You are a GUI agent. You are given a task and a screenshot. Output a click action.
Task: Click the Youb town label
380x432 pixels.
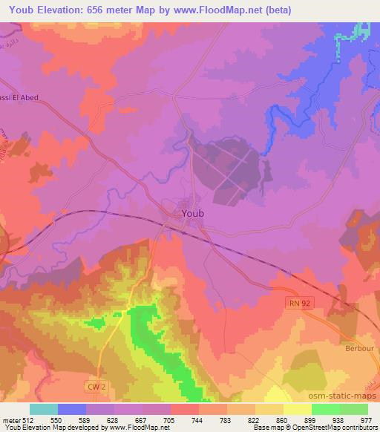pyautogui.click(x=192, y=213)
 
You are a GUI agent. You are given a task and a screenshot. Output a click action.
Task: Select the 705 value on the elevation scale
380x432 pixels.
pyautogui.click(x=171, y=419)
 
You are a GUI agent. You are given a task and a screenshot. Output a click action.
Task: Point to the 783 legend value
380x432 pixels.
pyautogui.click(x=227, y=419)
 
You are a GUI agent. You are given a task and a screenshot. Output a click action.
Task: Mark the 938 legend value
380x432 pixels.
pyautogui.click(x=339, y=419)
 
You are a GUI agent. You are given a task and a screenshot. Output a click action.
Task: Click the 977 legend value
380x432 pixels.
pyautogui.click(x=367, y=419)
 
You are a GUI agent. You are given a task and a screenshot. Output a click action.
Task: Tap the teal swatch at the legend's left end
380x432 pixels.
pyautogui.click(x=43, y=409)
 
